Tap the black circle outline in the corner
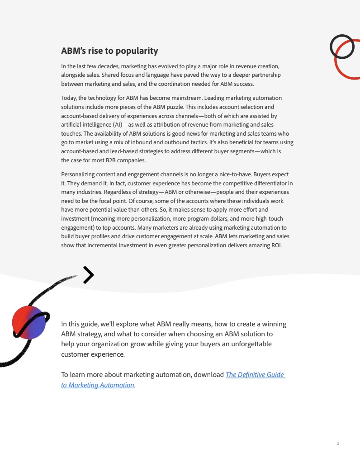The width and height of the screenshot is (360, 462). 342,47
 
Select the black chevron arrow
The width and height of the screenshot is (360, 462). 89,275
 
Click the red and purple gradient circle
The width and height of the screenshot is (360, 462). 28,322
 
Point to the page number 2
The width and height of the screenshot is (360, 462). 338,443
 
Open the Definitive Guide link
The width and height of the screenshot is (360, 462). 255,375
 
